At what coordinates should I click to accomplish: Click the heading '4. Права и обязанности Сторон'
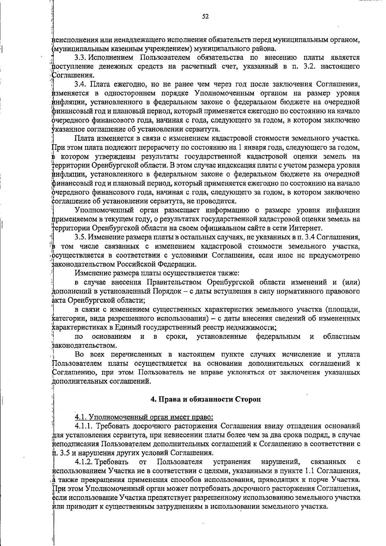tap(206, 399)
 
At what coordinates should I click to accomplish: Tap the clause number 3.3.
tap(80, 58)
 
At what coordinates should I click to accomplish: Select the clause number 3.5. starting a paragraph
tap(80, 237)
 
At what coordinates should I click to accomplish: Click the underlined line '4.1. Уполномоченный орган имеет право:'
tap(144, 417)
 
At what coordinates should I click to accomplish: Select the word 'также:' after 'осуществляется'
tap(228, 273)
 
